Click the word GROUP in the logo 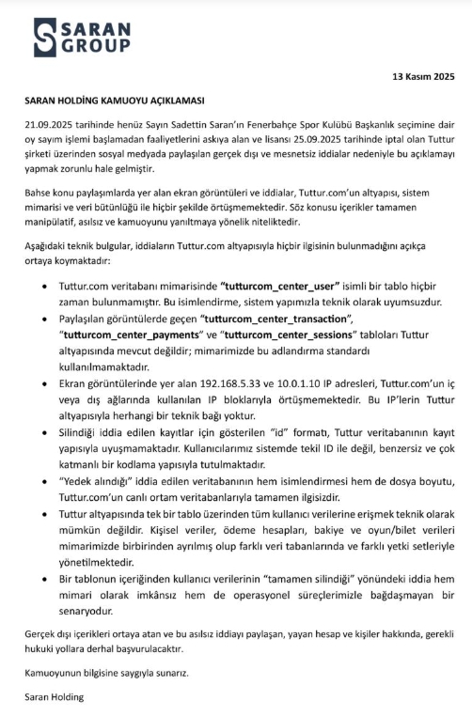pyautogui.click(x=91, y=47)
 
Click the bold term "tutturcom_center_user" pyautogui.click(x=284, y=284)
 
